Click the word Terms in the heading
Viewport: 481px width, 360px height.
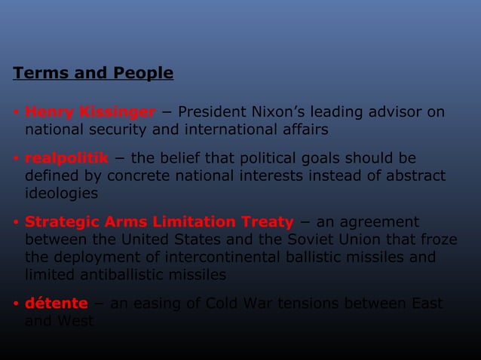pos(38,74)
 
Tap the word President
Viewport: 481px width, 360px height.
pos(213,113)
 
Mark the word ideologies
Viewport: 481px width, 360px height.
pos(62,192)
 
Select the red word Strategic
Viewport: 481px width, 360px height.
pos(60,222)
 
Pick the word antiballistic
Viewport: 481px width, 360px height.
pos(127,275)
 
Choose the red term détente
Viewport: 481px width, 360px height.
pos(57,304)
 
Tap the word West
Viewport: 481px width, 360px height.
pos(78,322)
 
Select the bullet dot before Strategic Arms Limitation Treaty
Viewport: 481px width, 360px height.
pos(16,224)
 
